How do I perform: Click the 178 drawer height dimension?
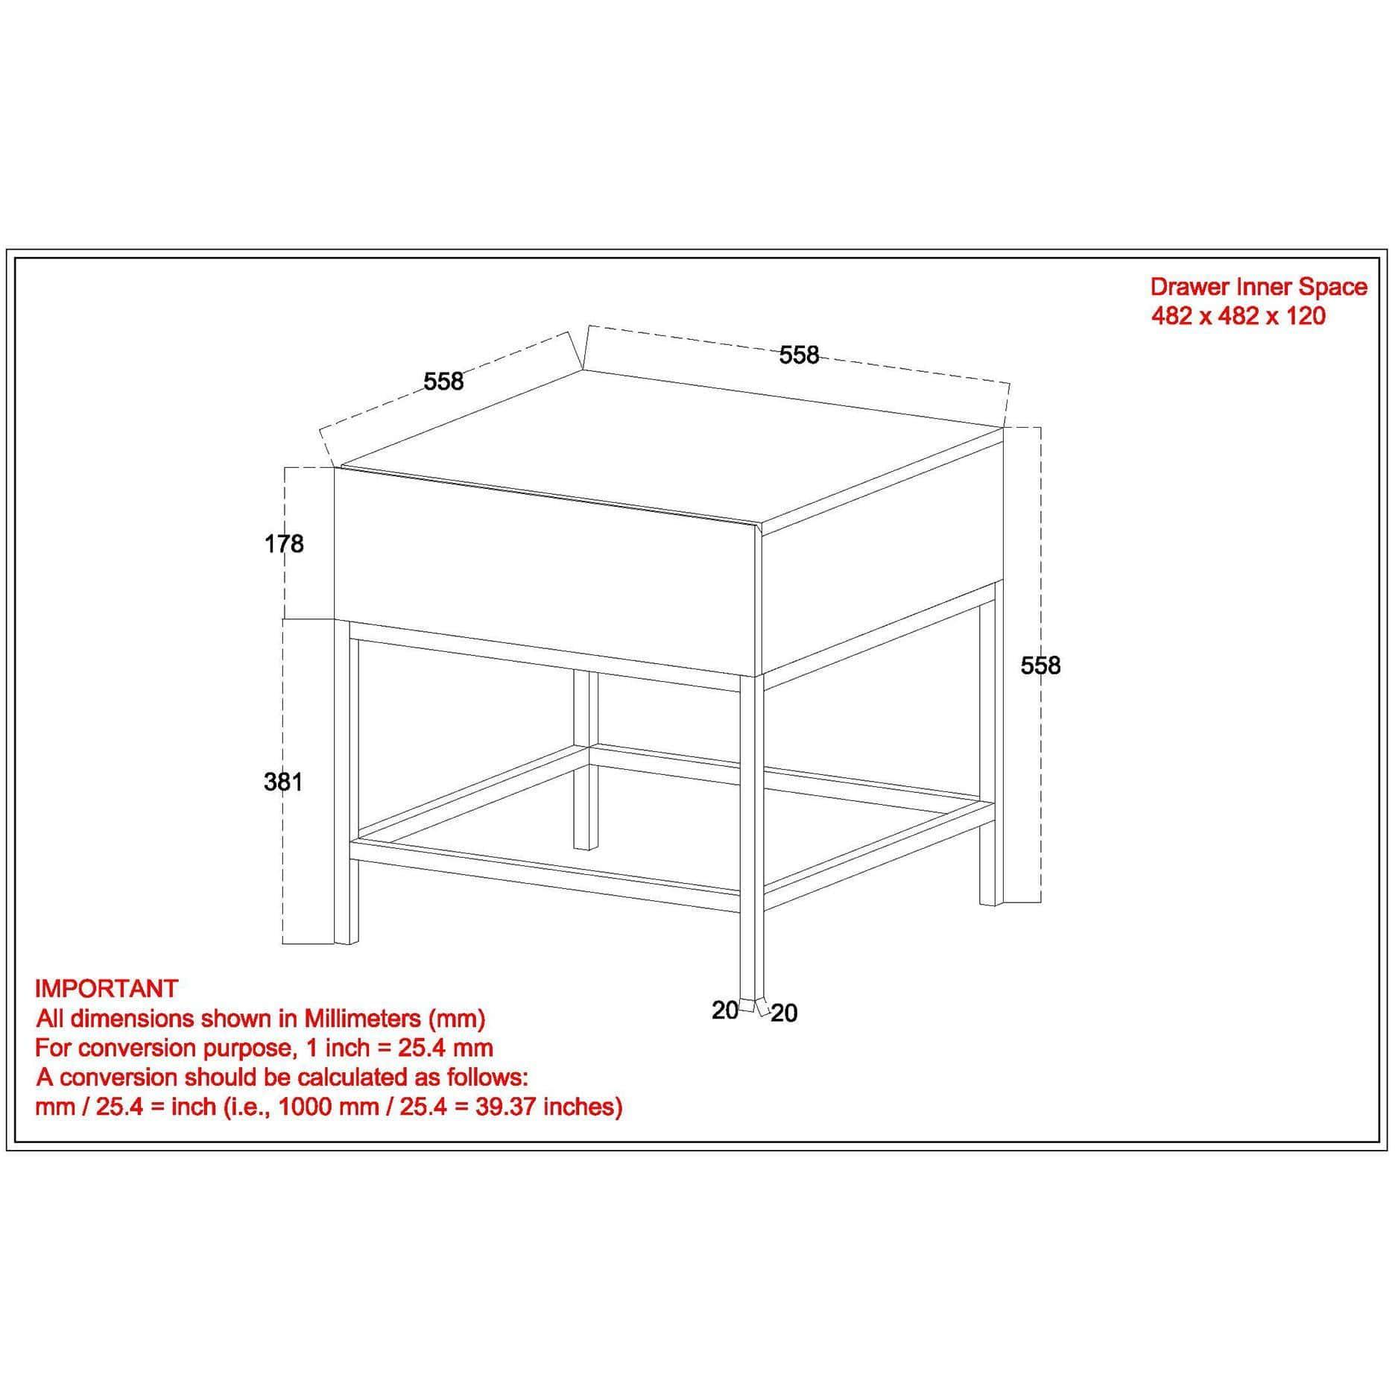tap(284, 544)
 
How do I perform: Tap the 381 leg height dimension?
tap(283, 782)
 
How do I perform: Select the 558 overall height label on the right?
tap(1040, 665)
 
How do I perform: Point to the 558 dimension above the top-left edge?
tap(443, 381)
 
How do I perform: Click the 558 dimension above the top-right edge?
tap(799, 355)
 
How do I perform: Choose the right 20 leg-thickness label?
tap(784, 1013)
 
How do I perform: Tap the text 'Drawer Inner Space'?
tap(1259, 287)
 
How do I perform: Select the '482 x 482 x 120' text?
tap(1239, 316)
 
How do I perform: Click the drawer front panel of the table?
tap(547, 569)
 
